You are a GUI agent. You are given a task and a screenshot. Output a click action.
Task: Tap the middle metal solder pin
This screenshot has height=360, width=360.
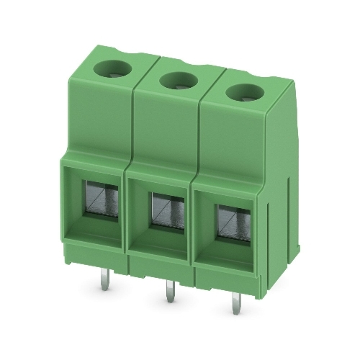point(169,292)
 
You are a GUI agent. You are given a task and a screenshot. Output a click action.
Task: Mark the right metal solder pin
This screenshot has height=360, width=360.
point(235,302)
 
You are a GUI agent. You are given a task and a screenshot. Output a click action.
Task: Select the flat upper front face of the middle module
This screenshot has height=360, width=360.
point(165,133)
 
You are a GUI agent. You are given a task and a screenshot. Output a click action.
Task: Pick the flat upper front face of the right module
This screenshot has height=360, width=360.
point(230,144)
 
